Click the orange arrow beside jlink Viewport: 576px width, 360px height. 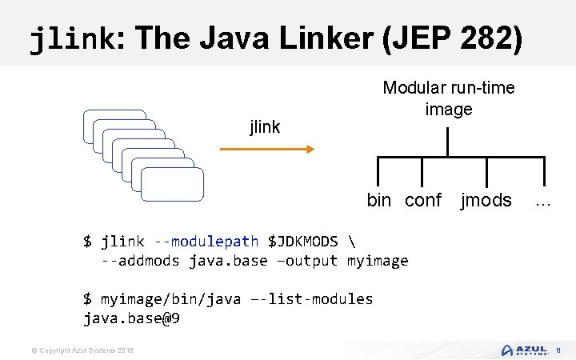tap(266, 149)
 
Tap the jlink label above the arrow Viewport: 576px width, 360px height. tap(265, 126)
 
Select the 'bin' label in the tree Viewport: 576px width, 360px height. tap(379, 200)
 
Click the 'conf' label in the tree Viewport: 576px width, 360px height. tap(423, 200)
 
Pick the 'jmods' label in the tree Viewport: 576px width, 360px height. tap(486, 200)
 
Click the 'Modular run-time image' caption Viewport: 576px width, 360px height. tap(448, 98)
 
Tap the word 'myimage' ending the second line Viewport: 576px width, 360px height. tap(378, 260)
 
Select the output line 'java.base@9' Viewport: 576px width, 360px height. tap(131, 318)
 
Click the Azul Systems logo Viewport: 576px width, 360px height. tap(524, 350)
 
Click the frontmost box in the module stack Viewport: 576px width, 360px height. tap(172, 183)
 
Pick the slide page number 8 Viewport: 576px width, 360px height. tap(558, 350)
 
